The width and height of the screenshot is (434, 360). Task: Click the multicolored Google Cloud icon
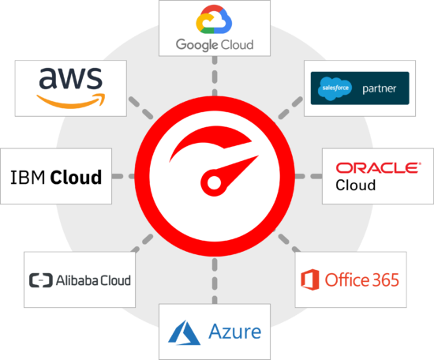[x=214, y=20]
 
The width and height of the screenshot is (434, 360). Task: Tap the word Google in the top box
[x=196, y=45]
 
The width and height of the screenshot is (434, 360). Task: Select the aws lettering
[x=71, y=78]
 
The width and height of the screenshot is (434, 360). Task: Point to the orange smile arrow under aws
[x=71, y=101]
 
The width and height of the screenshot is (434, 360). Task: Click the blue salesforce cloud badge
[x=335, y=88]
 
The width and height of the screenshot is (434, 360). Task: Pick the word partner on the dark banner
[x=380, y=88]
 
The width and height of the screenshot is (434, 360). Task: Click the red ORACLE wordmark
[x=378, y=168]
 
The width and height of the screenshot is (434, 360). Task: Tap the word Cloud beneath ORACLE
[x=356, y=185]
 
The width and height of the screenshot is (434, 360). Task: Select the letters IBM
[x=28, y=177]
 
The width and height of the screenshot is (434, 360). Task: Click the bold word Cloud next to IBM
[x=76, y=177]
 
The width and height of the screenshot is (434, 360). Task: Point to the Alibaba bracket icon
[x=41, y=280]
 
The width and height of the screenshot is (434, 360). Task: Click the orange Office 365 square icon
[x=310, y=279]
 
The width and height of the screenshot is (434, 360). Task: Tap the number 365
[x=386, y=279]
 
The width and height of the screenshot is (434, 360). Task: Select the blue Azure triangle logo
[x=184, y=332]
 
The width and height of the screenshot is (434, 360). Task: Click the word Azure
[x=234, y=332]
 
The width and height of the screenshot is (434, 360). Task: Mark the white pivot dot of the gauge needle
[x=214, y=183]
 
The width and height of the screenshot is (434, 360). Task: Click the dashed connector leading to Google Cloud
[x=215, y=76]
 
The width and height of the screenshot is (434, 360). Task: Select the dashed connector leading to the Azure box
[x=215, y=280]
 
